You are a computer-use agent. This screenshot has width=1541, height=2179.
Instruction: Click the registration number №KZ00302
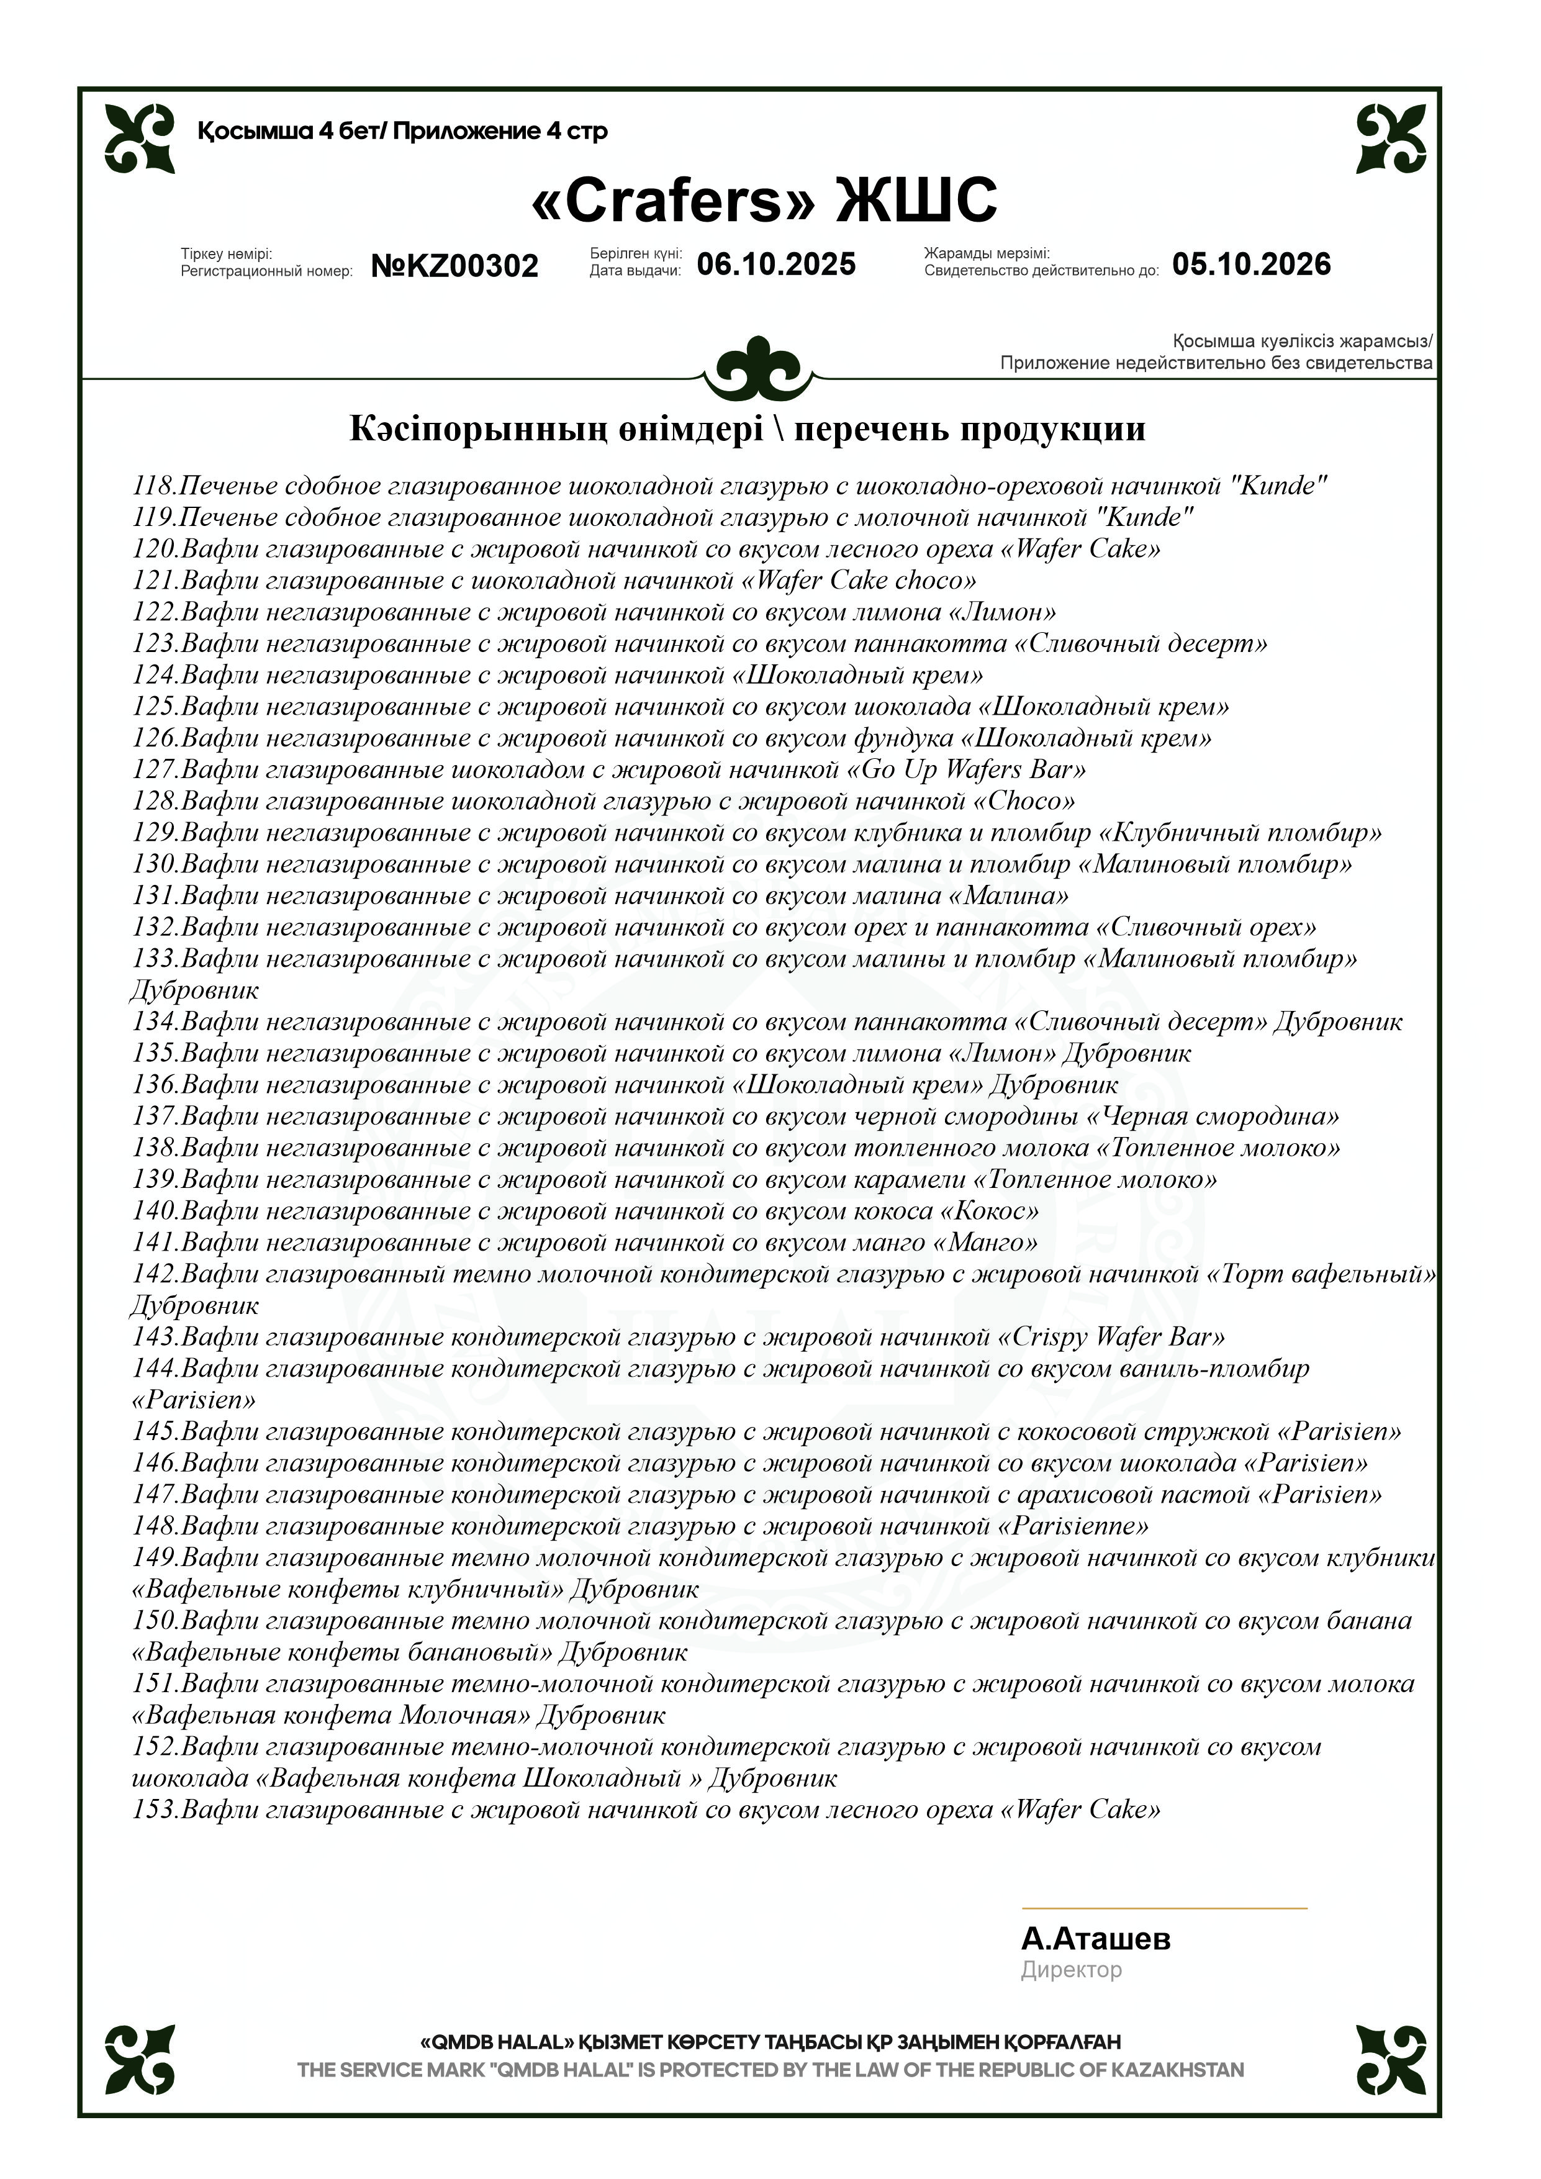[454, 266]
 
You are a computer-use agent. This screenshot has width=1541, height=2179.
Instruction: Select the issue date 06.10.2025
[776, 264]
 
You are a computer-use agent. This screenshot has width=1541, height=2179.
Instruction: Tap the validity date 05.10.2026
[1250, 264]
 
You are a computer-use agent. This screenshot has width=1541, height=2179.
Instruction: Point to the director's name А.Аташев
[1095, 1938]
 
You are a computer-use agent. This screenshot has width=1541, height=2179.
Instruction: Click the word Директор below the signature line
[1070, 1970]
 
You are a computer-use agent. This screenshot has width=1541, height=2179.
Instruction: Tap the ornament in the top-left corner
[140, 138]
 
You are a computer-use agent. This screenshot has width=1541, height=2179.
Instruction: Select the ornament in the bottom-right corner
[1391, 2059]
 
